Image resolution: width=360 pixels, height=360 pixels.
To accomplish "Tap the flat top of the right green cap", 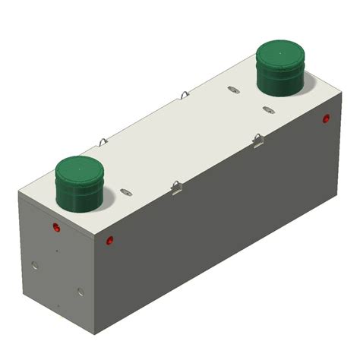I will coord(280,53).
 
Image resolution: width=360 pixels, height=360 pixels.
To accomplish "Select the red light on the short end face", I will coord(56,228).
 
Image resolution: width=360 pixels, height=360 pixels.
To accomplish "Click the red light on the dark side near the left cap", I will coord(110,240).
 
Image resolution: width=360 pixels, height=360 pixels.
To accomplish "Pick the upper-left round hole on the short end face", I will coord(34,264).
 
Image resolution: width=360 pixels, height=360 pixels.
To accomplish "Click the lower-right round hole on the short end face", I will coord(81,290).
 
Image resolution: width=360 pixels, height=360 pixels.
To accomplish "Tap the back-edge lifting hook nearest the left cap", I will coord(103,141).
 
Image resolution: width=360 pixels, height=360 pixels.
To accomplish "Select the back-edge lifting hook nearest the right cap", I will coord(185,95).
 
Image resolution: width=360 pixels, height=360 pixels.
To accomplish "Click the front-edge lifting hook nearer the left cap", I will coord(177,186).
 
